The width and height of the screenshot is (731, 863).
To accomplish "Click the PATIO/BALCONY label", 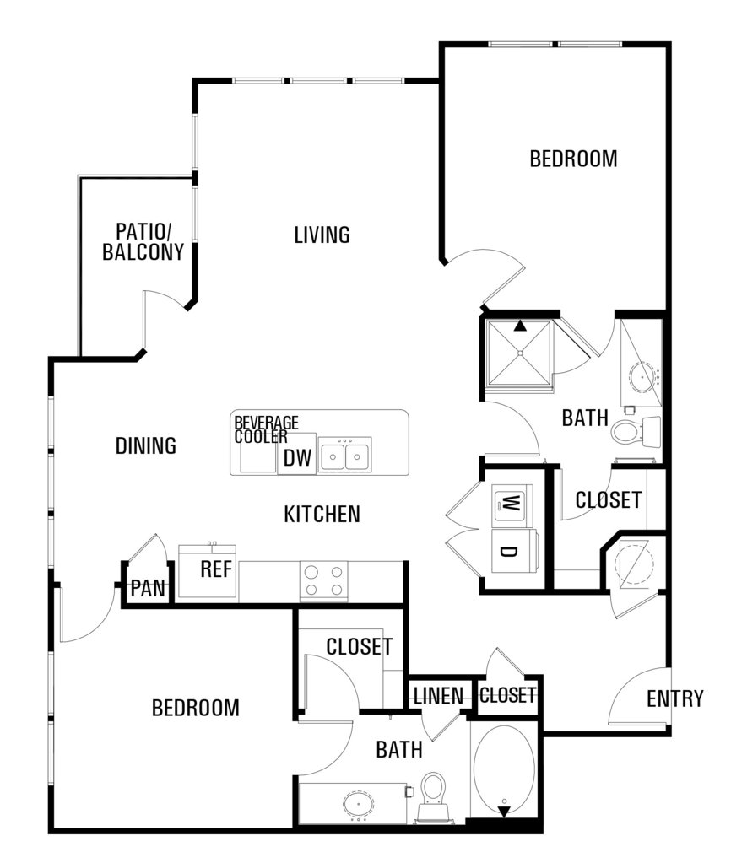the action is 143,241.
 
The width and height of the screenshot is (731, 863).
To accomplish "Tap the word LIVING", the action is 322,235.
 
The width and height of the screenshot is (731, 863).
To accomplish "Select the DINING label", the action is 146,445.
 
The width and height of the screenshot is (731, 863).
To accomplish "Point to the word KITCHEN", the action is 322,514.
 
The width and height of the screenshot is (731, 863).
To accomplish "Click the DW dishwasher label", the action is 297,458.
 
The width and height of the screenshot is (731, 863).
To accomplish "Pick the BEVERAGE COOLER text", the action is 266,430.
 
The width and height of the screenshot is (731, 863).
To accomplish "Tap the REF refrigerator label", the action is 216,569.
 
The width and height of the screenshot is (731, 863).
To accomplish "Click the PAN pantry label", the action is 148,588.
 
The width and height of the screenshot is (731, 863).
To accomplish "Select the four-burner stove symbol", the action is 324,581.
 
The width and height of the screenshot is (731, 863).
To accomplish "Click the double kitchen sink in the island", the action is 345,455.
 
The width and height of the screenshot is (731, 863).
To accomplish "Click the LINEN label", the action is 439,696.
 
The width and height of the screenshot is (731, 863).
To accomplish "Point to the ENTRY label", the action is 675,698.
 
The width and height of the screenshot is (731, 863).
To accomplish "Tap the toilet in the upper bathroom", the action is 636,431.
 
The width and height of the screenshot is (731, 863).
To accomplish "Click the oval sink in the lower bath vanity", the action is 359,804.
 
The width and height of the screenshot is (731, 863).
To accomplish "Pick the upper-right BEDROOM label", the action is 573,159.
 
